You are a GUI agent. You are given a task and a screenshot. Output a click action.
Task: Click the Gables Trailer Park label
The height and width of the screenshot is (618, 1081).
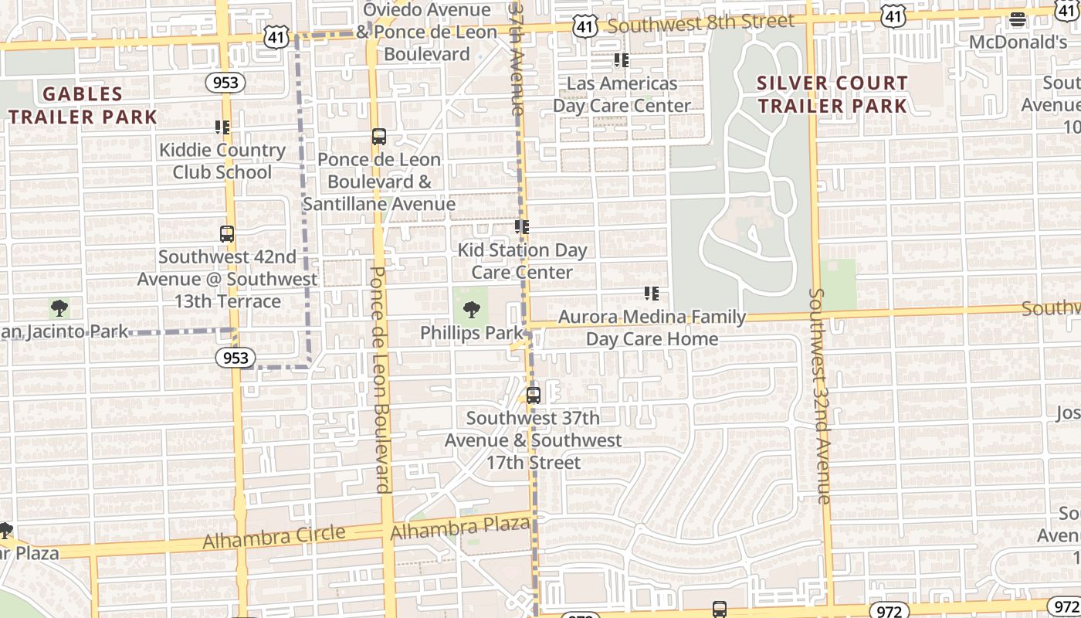[83, 106]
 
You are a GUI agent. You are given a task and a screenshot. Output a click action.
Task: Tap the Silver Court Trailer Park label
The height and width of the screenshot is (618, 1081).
[832, 94]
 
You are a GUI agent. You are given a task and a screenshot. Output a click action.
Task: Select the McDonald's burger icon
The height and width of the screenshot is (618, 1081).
[1018, 20]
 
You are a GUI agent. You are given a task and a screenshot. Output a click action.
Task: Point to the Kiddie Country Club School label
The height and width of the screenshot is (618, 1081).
[222, 161]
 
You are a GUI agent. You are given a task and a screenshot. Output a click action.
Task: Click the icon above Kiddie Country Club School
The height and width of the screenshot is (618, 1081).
[222, 127]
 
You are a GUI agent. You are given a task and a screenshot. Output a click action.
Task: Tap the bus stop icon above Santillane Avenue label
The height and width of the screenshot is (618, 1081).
[378, 137]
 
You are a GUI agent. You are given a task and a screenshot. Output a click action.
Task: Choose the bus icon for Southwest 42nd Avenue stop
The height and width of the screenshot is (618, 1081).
[227, 233]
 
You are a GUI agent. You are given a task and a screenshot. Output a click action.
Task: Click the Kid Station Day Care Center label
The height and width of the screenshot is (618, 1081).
[522, 261]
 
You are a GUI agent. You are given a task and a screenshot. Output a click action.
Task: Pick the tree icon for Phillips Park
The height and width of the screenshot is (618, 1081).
[471, 311]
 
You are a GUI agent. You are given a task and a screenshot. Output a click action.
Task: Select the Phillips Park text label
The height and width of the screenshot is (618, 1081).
[472, 333]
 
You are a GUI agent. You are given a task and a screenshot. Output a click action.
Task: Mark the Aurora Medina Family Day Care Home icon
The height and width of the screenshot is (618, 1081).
[652, 294]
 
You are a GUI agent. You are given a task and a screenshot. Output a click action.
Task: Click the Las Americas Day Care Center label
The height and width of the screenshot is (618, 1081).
[622, 94]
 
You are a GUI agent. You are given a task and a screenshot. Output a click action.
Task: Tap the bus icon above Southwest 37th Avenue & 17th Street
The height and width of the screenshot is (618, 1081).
[533, 396]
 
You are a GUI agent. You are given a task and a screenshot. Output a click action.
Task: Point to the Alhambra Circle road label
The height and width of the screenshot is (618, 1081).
[273, 537]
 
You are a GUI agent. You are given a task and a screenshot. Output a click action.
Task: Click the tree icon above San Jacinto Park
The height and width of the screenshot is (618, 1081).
[59, 309]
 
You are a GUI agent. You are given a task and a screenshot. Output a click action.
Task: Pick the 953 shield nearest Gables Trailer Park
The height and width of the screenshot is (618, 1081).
[225, 83]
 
